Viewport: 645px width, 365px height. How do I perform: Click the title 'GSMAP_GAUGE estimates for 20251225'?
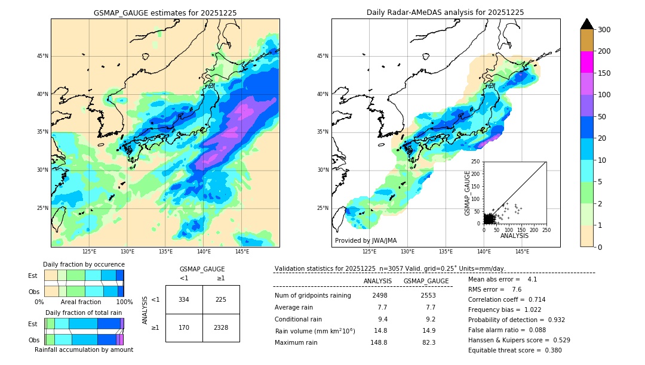click(165, 13)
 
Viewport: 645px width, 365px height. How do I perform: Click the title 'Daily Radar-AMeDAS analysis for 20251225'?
click(446, 13)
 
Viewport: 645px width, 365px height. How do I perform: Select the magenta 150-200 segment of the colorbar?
click(586, 62)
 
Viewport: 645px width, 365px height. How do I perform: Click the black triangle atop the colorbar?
click(586, 24)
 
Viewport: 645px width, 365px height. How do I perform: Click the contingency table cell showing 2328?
click(221, 327)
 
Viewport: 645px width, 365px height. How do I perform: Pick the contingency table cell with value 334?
click(184, 299)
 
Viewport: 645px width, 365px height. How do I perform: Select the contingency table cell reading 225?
click(221, 299)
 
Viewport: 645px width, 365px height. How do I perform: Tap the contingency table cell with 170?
click(184, 327)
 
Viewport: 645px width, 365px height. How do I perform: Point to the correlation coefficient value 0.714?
click(533, 299)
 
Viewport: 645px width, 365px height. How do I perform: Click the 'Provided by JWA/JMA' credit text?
click(365, 241)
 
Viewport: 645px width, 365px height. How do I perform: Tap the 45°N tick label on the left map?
click(42, 56)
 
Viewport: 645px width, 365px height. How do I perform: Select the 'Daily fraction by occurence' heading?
click(84, 264)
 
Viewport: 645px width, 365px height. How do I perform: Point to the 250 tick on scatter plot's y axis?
click(476, 162)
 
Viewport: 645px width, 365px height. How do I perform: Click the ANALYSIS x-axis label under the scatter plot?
click(514, 236)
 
